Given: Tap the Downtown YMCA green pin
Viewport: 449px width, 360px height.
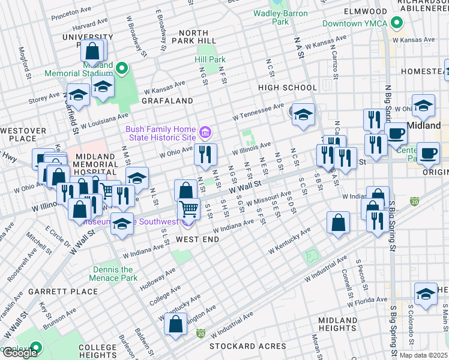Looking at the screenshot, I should click(x=396, y=24).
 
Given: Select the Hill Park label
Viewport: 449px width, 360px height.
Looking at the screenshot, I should click(x=209, y=60).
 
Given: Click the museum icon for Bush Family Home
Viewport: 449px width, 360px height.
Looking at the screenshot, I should click(x=205, y=131).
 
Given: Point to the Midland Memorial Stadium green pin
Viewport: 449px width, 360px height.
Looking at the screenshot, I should click(x=122, y=68).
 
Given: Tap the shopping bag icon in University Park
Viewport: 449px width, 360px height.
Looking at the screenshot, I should click(x=93, y=51).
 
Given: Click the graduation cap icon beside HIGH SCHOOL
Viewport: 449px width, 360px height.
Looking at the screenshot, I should click(x=303, y=114).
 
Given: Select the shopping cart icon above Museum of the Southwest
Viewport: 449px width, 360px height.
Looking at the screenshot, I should click(x=188, y=209).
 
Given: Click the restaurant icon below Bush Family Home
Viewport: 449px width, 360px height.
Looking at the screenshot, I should click(x=205, y=155).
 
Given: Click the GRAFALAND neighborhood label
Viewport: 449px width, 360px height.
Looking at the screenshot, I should click(x=167, y=101).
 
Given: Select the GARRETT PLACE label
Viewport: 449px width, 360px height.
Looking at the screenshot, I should click(x=71, y=292).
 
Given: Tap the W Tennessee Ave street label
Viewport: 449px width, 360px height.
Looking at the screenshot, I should click(x=259, y=110).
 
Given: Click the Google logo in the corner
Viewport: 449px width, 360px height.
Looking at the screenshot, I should click(x=20, y=353).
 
